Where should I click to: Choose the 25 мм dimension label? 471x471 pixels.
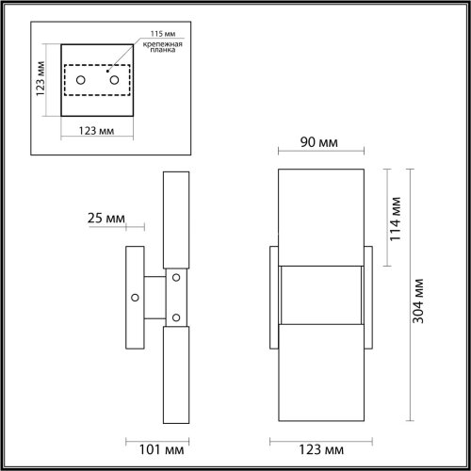pos(106,219)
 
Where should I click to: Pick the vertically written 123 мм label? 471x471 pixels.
pos(40,83)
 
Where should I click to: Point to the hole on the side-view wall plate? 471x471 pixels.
pos(136,297)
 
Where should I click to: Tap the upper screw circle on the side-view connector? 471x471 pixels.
pos(175,277)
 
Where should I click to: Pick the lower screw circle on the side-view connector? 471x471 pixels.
pos(175,317)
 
